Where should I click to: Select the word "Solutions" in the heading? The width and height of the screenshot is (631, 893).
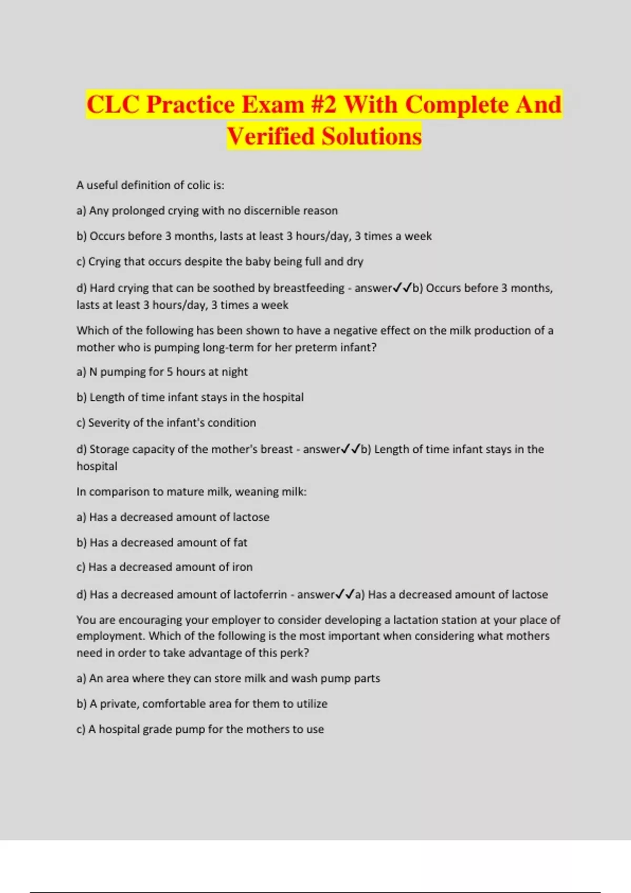tap(372, 136)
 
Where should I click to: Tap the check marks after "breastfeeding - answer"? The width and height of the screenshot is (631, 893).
tap(403, 287)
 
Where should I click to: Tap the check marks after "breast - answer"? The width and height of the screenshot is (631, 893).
tap(351, 449)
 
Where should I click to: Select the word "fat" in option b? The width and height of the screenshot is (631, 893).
tap(240, 543)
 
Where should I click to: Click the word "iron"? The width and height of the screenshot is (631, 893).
tap(242, 567)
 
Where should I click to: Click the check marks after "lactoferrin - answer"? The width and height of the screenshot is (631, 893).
tap(345, 594)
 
